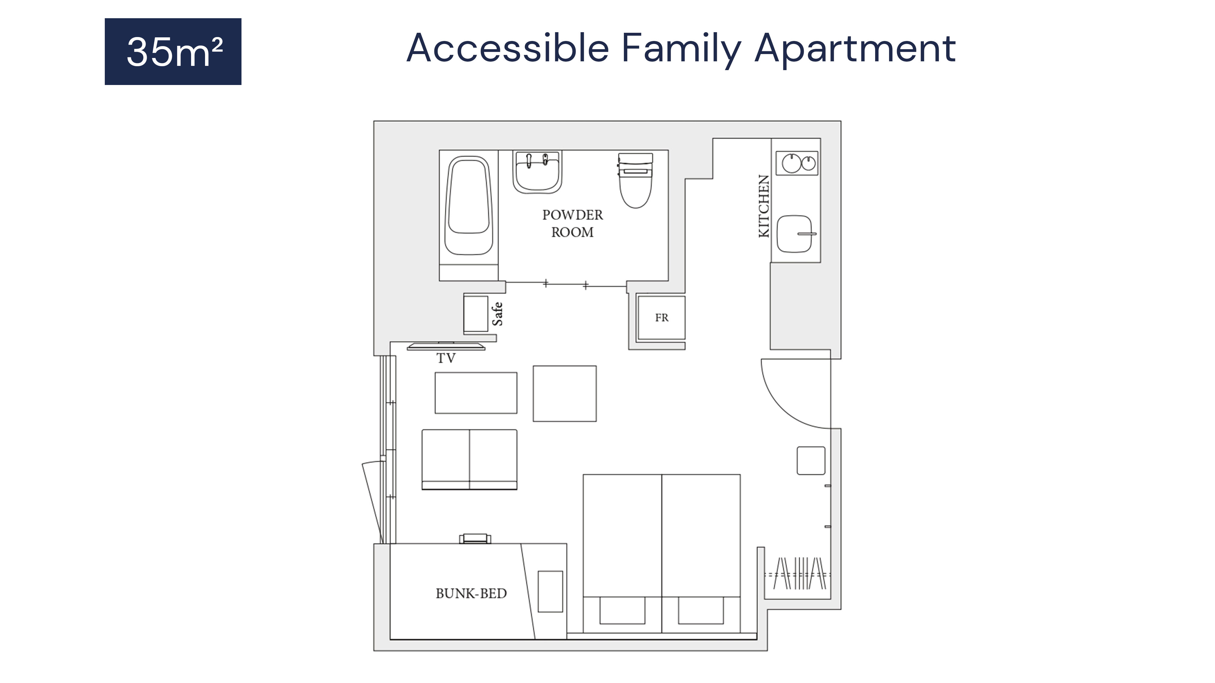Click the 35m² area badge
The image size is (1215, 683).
coord(173,51)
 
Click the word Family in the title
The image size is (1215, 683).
coord(681,49)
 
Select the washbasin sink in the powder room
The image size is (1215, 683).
coord(537,172)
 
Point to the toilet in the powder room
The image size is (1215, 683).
coord(635,180)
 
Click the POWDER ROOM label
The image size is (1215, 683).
coord(573,223)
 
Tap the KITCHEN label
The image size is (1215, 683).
coord(764,206)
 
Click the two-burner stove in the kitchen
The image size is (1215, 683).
coord(797,163)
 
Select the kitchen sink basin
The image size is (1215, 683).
coord(794,234)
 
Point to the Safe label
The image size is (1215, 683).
coord(498,314)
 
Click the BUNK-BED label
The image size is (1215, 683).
coord(471,593)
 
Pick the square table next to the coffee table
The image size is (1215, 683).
coord(565,394)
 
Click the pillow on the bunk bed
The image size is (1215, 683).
coord(550,592)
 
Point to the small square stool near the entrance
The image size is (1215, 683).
coord(811,460)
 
